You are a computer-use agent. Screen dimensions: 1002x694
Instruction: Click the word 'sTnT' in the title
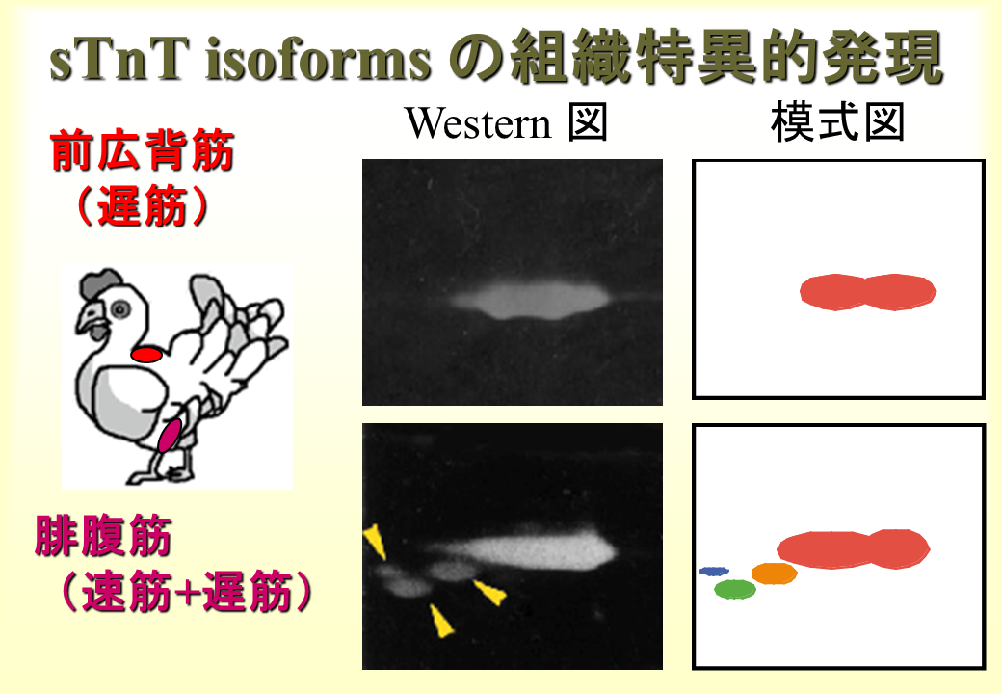[x=119, y=60]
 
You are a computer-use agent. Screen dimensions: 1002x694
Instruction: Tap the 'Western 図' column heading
[x=506, y=122]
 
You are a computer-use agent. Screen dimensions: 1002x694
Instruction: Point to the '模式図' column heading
[x=838, y=122]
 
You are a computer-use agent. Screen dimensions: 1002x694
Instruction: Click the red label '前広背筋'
[x=143, y=150]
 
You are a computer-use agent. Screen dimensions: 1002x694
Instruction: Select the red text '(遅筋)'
[x=143, y=205]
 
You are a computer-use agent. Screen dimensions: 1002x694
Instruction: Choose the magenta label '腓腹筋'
[x=103, y=536]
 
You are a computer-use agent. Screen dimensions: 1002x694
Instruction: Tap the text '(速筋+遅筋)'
[x=185, y=591]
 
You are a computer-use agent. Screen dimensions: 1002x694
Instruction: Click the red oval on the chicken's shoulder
[x=146, y=354]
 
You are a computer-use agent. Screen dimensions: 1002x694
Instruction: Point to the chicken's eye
[x=119, y=310]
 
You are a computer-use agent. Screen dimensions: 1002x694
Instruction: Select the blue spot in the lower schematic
[x=714, y=571]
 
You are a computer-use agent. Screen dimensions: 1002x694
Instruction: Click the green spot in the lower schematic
[x=735, y=589]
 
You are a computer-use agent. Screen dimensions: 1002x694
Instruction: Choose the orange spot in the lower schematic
[x=774, y=574]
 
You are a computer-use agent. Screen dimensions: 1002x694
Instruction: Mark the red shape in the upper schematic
[x=868, y=292]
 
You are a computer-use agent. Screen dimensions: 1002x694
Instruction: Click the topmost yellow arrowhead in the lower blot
[x=376, y=542]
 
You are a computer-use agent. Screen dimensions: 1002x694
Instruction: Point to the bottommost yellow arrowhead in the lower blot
[x=441, y=622]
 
